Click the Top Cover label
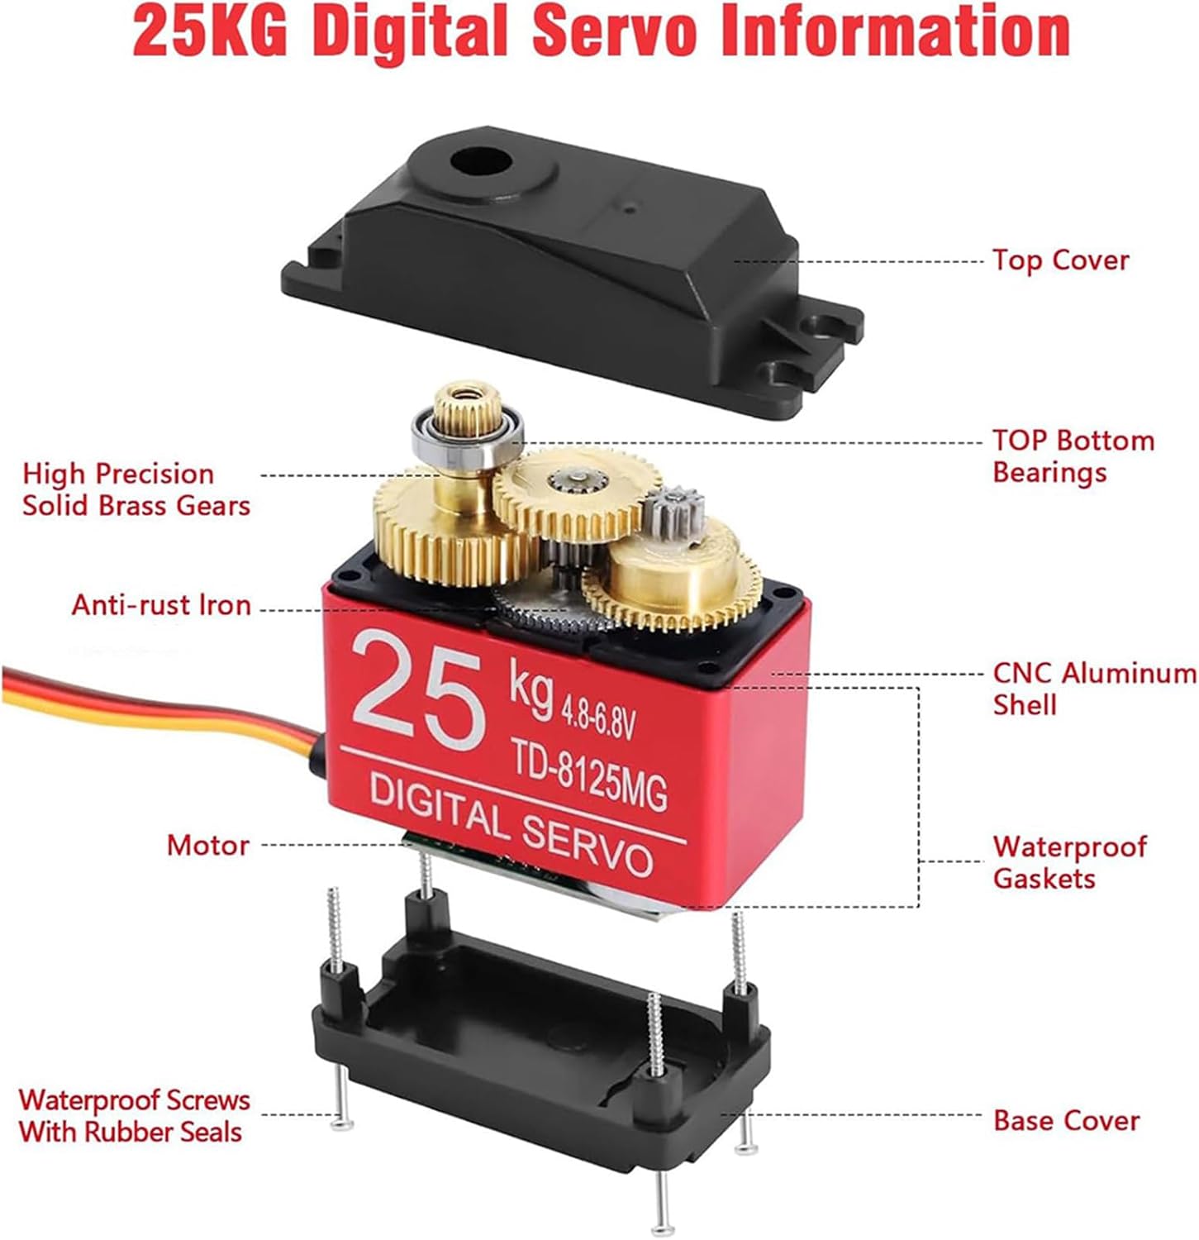(x=1060, y=260)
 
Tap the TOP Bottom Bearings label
(x=1073, y=456)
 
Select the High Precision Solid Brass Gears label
(x=136, y=489)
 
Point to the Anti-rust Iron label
(x=161, y=605)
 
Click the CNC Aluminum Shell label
(x=1094, y=689)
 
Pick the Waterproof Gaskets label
(x=1069, y=861)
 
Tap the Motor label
(x=207, y=845)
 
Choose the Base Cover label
(x=1066, y=1121)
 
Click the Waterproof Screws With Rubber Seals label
(x=134, y=1116)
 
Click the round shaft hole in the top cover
(x=478, y=162)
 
